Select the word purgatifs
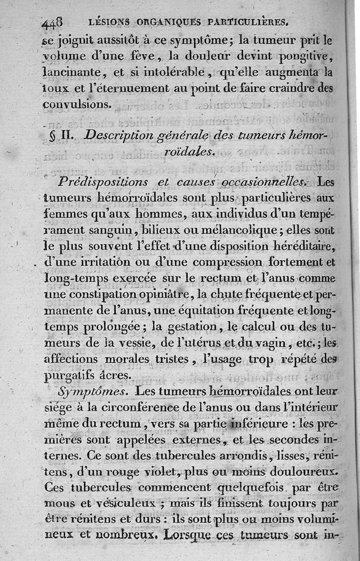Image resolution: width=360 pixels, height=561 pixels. click(x=73, y=374)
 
